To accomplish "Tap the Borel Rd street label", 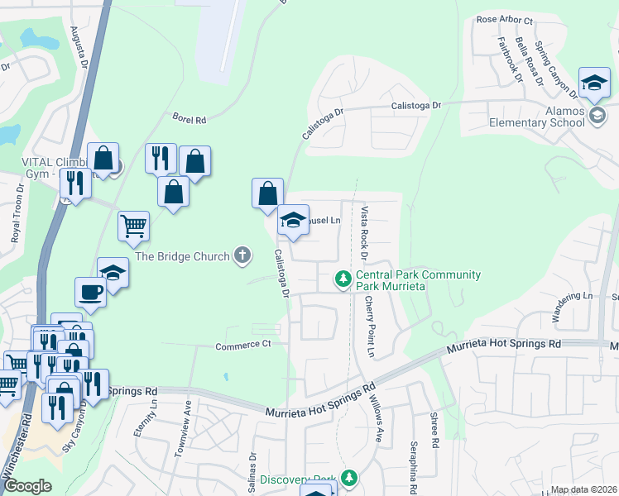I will coord(189,119).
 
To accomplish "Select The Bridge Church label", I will coord(182,256).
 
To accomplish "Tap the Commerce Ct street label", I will coord(243,345).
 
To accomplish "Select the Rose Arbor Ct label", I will coord(504,20).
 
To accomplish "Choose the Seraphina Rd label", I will coord(413,465).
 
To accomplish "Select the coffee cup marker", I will coord(90,291).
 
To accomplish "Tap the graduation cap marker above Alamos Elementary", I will coord(593,82).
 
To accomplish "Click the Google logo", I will coord(27,487).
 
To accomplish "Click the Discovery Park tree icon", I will coord(350,479).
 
